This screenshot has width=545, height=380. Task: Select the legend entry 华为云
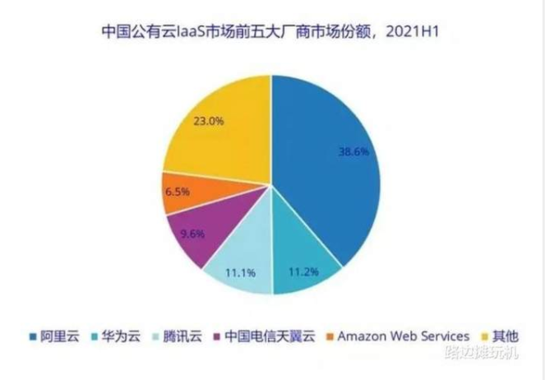pos(119,336)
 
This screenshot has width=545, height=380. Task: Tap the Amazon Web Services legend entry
pos(401,336)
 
